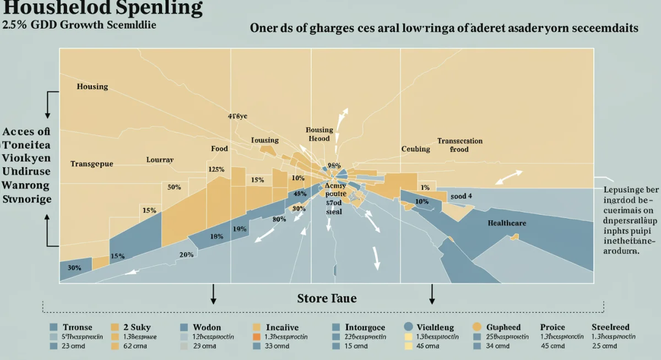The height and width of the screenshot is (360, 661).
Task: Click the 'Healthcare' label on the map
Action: click(x=507, y=223)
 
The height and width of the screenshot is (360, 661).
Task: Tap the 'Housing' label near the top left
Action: click(x=92, y=87)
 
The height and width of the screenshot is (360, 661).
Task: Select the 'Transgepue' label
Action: click(x=91, y=164)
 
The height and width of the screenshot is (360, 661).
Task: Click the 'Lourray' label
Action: click(x=160, y=160)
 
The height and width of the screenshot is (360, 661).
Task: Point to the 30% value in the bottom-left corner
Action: click(x=74, y=268)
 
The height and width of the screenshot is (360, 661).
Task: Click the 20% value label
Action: click(x=186, y=255)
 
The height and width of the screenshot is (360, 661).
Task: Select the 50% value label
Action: click(x=174, y=187)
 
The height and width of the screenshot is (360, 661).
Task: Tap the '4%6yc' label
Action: click(x=238, y=117)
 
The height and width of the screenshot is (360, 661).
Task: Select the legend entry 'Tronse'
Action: click(x=77, y=327)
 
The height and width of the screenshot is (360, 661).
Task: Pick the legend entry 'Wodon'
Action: click(x=207, y=327)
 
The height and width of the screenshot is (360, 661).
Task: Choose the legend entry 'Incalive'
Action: click(x=282, y=327)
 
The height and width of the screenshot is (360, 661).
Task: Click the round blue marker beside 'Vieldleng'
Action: click(x=409, y=326)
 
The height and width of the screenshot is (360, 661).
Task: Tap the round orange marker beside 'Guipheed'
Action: click(x=477, y=326)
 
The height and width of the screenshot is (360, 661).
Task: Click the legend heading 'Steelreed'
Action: click(x=610, y=327)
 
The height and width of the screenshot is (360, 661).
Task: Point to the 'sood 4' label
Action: click(x=461, y=196)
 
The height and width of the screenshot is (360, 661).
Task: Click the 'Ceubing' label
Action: click(x=415, y=149)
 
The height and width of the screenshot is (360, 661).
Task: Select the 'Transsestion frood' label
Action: click(x=460, y=145)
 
